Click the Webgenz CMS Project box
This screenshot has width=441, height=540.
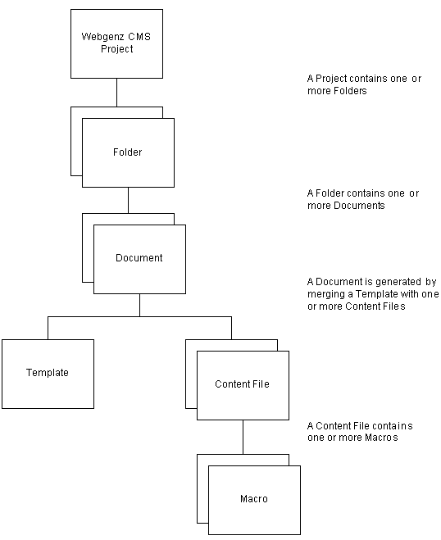116,43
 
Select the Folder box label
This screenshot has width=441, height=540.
128,152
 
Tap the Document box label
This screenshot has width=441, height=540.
139,258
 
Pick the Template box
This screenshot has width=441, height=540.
48,374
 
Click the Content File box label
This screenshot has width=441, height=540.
242,384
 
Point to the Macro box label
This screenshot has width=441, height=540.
254,499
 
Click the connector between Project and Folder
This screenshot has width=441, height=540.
116,93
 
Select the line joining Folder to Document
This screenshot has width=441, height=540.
128,201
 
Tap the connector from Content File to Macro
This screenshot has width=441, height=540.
243,437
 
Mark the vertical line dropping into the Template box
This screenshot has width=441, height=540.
48,328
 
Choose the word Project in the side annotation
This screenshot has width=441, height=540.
331,79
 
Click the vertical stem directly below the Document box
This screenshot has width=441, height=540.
139,305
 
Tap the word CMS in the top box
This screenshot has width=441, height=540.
139,37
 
